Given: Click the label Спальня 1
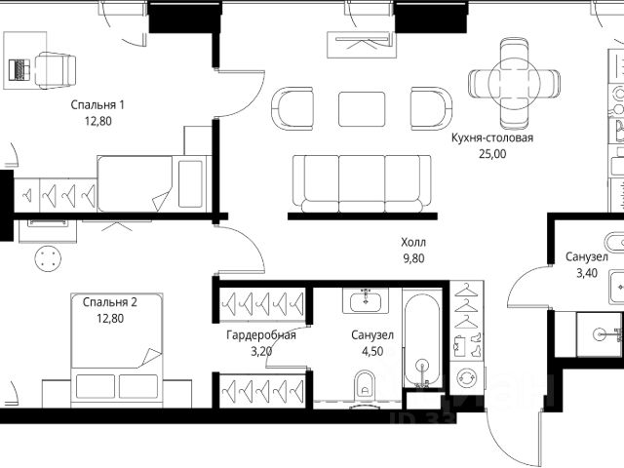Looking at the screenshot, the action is (x=97, y=105).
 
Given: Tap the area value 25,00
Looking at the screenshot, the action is (x=492, y=154).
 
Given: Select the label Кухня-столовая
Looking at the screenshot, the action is (x=492, y=137).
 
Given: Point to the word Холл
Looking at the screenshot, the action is (x=413, y=242).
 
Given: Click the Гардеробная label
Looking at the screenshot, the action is (x=261, y=335).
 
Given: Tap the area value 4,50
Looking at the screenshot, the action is (x=372, y=351).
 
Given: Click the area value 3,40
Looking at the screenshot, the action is (x=587, y=273).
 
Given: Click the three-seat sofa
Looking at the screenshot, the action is (x=362, y=184).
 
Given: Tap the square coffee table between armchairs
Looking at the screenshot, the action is (x=362, y=109).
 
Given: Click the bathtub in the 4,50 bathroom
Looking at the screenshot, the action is (x=422, y=340).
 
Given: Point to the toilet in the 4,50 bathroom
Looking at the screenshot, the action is (x=365, y=383).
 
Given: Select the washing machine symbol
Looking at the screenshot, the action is (x=466, y=377).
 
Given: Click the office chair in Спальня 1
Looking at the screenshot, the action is (x=56, y=70).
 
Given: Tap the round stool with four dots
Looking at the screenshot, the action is (x=48, y=258).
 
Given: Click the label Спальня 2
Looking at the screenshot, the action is (x=110, y=302).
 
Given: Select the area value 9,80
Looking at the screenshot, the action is (x=413, y=258).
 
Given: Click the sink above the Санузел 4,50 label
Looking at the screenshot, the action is (x=366, y=301).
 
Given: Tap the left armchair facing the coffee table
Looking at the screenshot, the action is (x=292, y=108).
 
